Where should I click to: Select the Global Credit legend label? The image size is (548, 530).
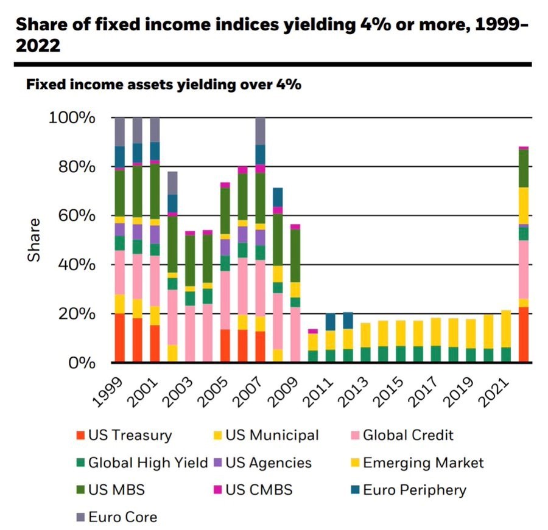click(x=408, y=435)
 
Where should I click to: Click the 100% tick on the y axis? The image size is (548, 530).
click(x=72, y=117)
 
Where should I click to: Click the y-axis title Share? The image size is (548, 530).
click(x=35, y=240)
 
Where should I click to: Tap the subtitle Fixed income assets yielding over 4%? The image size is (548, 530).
click(x=164, y=85)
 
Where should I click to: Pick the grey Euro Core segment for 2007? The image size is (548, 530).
click(x=261, y=131)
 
